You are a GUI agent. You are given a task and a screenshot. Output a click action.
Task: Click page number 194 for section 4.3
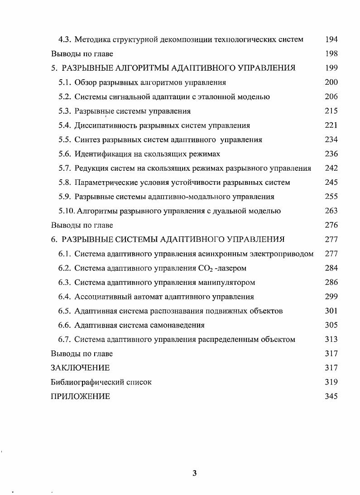pyautogui.click(x=331, y=39)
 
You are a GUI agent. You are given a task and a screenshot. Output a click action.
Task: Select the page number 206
pyautogui.click(x=331, y=96)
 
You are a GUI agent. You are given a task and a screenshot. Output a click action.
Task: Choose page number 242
pyautogui.click(x=331, y=168)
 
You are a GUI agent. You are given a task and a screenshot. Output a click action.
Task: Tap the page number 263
pyautogui.click(x=331, y=211)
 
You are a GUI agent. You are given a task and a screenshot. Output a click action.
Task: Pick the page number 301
pyautogui.click(x=331, y=311)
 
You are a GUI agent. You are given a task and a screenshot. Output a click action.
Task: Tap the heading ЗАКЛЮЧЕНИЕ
pyautogui.click(x=80, y=368)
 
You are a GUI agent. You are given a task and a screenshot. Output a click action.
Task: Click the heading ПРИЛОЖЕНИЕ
pyautogui.click(x=80, y=397)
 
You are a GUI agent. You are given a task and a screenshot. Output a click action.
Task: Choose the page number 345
pyautogui.click(x=331, y=397)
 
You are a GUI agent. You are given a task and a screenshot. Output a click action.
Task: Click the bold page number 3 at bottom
pyautogui.click(x=194, y=474)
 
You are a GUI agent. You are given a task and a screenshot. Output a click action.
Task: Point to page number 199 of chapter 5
pyautogui.click(x=331, y=68)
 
